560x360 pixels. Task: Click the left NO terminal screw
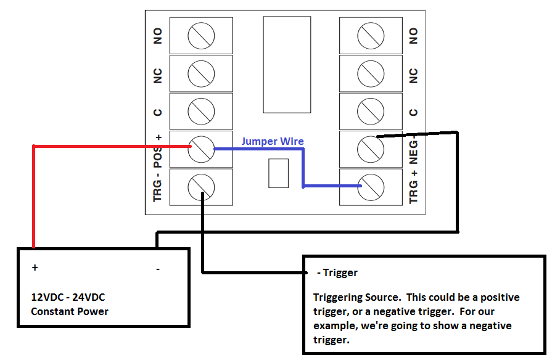pos(201,36)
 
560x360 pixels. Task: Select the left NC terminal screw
pos(201,74)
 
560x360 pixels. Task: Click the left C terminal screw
pos(201,112)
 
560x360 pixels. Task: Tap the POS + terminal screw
pos(201,149)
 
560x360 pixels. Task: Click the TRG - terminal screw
pos(201,186)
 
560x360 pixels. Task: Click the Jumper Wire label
pos(272,141)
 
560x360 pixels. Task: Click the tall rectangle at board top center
pos(287,65)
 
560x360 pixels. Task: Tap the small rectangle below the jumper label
pos(279,173)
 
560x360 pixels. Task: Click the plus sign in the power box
pos(35,268)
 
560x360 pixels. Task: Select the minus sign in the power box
pos(158,268)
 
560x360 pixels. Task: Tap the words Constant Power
pos(70,311)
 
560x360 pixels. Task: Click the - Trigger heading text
pos(337,272)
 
